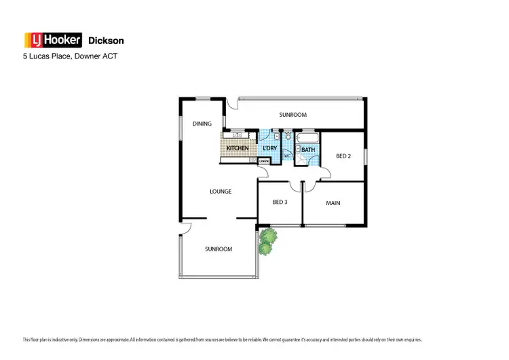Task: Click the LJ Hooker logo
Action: pos(53,41)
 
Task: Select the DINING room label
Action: pos(202,124)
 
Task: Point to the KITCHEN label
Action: pos(238,148)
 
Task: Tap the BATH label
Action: pos(308,150)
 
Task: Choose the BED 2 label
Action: pos(343,156)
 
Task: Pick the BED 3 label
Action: pos(280,202)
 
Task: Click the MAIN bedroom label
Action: pos(333,203)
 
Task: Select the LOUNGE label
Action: pos(221,192)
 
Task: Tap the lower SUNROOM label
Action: pos(219,249)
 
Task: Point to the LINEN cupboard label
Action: pos(264,161)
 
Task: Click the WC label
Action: pos(288,156)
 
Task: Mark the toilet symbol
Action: pos(288,137)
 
